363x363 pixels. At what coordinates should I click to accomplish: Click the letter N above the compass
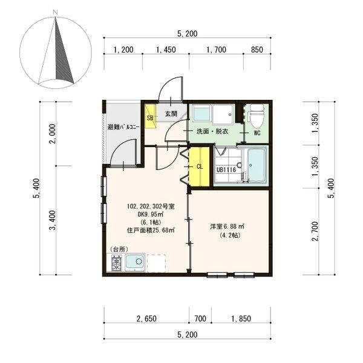point(55,13)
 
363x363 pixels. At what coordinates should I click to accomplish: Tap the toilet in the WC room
point(256,116)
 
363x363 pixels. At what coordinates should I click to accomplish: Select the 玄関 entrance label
point(171,114)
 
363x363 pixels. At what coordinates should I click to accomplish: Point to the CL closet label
point(200,166)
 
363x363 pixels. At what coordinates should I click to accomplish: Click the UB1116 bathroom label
point(226,169)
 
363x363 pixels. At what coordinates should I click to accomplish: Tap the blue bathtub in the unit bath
point(257,165)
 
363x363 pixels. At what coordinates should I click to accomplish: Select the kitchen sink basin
point(135,263)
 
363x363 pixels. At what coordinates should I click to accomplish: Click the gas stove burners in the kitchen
point(117,263)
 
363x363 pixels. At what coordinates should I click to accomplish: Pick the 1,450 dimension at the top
point(166,50)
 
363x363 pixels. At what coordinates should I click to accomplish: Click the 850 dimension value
point(257,50)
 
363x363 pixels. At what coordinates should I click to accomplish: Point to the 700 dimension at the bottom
point(200,319)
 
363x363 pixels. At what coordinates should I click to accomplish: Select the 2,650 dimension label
point(146,319)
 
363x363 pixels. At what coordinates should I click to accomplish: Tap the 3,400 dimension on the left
point(53,221)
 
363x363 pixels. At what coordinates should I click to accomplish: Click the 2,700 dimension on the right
point(315,231)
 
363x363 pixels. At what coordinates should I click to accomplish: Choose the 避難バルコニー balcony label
point(123,127)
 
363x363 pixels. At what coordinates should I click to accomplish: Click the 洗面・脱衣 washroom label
point(212,131)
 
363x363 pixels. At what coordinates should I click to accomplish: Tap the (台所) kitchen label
point(119,249)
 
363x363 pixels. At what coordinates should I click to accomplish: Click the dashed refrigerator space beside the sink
point(156,263)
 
